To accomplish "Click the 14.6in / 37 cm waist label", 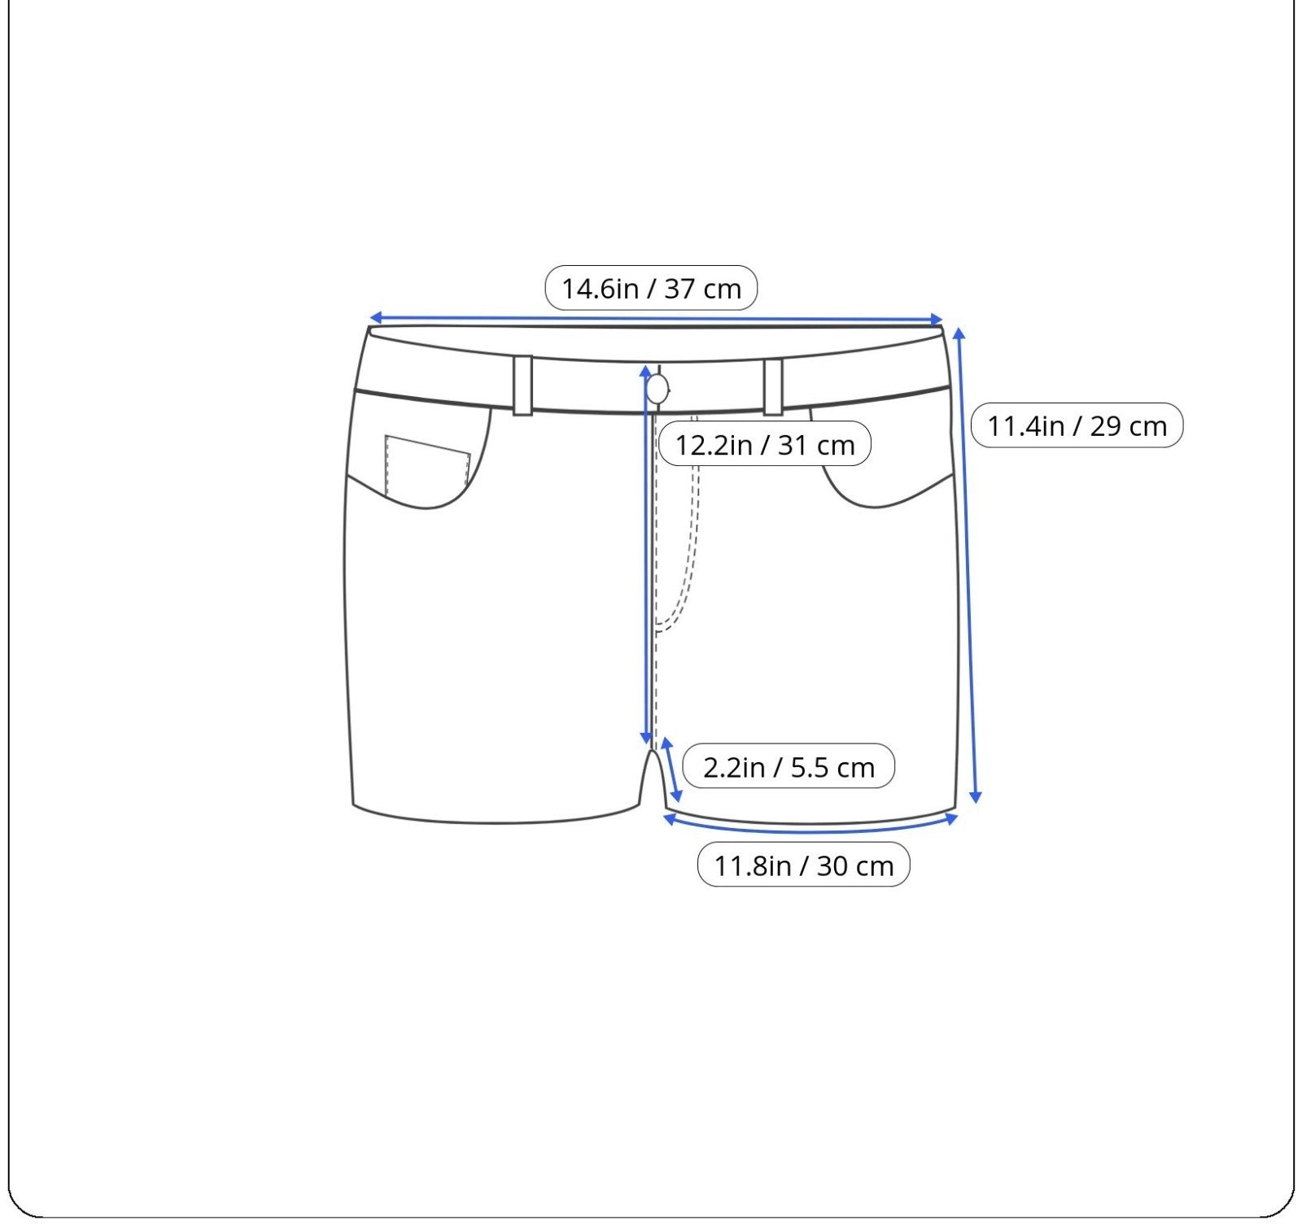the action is pos(651,288).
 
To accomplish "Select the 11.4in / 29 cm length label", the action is pos(1077,425).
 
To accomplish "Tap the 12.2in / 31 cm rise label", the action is pos(765,444).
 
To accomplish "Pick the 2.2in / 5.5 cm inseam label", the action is pos(789,766).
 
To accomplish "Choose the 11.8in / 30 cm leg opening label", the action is pos(804,865).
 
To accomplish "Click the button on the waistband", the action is pos(657,390).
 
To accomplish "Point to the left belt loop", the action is pos(522,385).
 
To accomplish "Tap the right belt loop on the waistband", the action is pos(773,386).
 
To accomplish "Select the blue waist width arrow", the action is pos(656,319).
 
